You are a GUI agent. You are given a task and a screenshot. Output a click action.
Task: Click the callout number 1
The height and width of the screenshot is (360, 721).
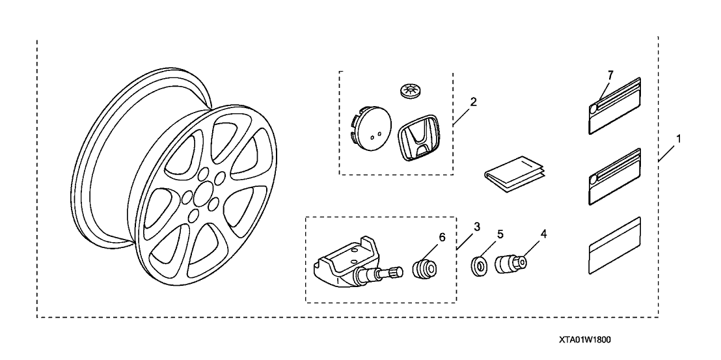(x=679, y=139)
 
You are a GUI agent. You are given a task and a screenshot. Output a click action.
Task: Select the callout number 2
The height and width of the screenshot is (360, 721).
(x=473, y=102)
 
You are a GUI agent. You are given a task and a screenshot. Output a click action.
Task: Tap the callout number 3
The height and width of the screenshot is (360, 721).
(x=477, y=227)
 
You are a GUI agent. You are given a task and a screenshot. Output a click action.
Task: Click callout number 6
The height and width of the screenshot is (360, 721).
(x=442, y=238)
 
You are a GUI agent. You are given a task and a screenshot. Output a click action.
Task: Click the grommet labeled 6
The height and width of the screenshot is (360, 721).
(x=425, y=268)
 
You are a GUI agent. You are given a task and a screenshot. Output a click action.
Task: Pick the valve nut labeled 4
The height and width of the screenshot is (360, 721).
(x=510, y=264)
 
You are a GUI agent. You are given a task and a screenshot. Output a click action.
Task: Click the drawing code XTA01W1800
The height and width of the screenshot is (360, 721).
(x=584, y=340)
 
